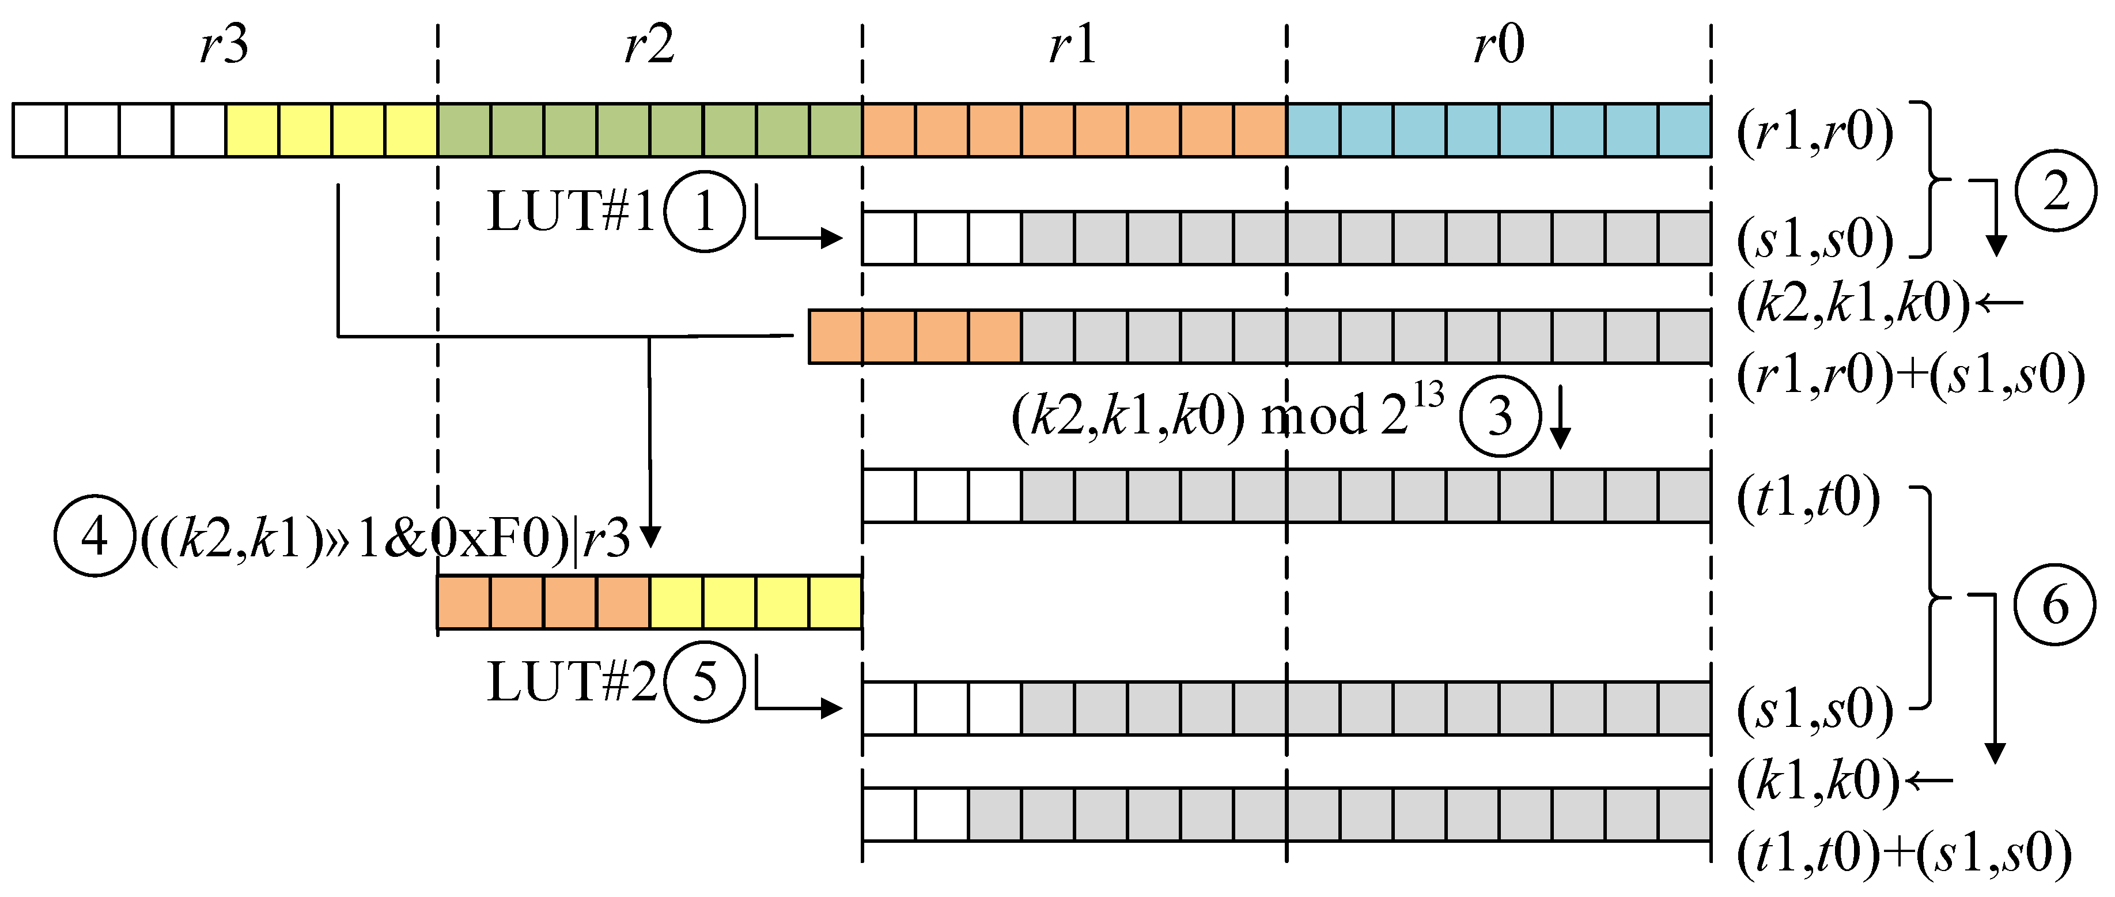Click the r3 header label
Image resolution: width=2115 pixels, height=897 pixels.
click(224, 44)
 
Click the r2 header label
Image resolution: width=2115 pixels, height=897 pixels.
click(649, 44)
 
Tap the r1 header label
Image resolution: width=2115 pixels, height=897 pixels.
click(1072, 44)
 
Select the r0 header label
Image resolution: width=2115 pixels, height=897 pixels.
click(1499, 44)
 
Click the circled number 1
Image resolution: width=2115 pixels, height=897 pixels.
click(703, 212)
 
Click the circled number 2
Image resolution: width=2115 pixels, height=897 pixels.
click(2055, 191)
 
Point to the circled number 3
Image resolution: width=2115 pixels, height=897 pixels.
click(1499, 416)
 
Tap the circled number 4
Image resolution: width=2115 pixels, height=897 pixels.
click(93, 536)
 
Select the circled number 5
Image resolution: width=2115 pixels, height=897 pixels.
click(703, 682)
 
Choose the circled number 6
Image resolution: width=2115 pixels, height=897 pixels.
click(2055, 605)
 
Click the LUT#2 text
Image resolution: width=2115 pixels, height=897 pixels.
click(572, 682)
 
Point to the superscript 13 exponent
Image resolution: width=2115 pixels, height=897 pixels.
click(1429, 395)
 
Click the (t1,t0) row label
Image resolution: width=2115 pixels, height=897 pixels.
click(1808, 497)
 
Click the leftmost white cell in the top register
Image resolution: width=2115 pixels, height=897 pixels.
click(39, 130)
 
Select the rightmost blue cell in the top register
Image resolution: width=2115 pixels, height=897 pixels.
click(1684, 130)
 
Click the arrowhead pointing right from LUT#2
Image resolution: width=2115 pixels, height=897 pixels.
click(833, 708)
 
